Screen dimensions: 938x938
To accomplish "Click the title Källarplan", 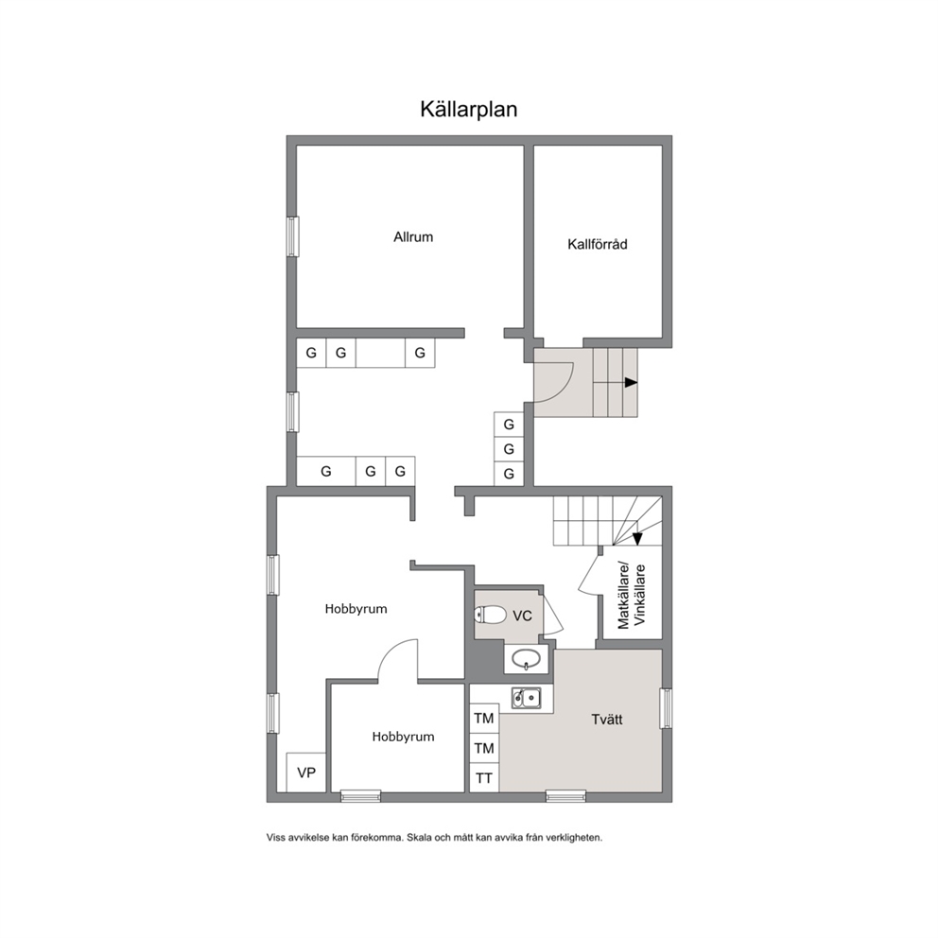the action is click(468, 110).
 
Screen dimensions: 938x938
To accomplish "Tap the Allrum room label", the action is click(413, 237).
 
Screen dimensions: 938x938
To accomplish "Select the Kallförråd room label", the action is click(597, 244).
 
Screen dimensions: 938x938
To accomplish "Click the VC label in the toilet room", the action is click(522, 616).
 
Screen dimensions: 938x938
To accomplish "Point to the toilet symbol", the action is click(490, 615).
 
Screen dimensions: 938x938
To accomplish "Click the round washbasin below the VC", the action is click(526, 659).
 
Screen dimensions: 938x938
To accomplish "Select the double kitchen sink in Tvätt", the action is click(527, 698).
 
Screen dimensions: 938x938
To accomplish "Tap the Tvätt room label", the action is click(607, 719).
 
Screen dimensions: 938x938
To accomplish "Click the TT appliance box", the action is click(484, 777).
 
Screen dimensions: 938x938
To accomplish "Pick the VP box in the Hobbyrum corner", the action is click(306, 773).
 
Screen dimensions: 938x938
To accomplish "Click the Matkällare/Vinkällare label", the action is click(632, 595).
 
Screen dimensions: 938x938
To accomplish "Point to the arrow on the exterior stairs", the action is click(631, 382).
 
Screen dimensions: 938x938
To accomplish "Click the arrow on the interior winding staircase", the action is click(637, 539).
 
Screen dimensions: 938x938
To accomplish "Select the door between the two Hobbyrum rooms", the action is click(398, 660).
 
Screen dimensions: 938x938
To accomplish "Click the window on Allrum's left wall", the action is click(292, 237).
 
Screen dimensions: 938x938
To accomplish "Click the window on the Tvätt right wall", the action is click(666, 708).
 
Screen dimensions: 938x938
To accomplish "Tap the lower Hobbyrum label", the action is click(403, 737).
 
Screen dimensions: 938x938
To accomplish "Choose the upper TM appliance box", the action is click(484, 718).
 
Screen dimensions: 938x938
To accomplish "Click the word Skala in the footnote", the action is click(418, 838).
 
